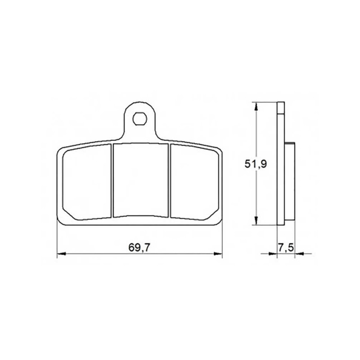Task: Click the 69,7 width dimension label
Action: click(x=139, y=247)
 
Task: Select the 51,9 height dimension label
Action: click(x=256, y=164)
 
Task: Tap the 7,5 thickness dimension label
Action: click(x=286, y=247)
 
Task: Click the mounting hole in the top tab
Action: click(x=139, y=119)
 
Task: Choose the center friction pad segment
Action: click(x=140, y=180)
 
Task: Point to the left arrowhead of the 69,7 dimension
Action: click(x=61, y=254)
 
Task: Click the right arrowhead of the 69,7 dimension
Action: click(x=218, y=254)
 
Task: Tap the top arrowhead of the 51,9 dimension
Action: click(x=256, y=107)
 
